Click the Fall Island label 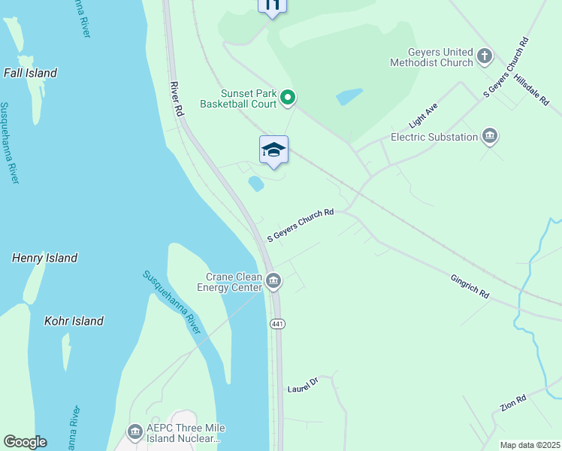(x=30, y=73)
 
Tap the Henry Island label (x=44, y=258)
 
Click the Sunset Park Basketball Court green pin (x=287, y=97)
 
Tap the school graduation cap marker (x=273, y=150)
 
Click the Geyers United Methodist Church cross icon (x=485, y=56)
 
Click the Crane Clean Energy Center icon (x=273, y=282)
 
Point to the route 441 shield (x=276, y=323)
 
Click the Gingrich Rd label (x=470, y=286)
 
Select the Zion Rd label (x=512, y=404)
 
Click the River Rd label (x=177, y=98)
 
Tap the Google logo (x=25, y=442)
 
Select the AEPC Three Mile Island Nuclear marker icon (x=135, y=431)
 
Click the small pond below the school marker (x=256, y=183)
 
